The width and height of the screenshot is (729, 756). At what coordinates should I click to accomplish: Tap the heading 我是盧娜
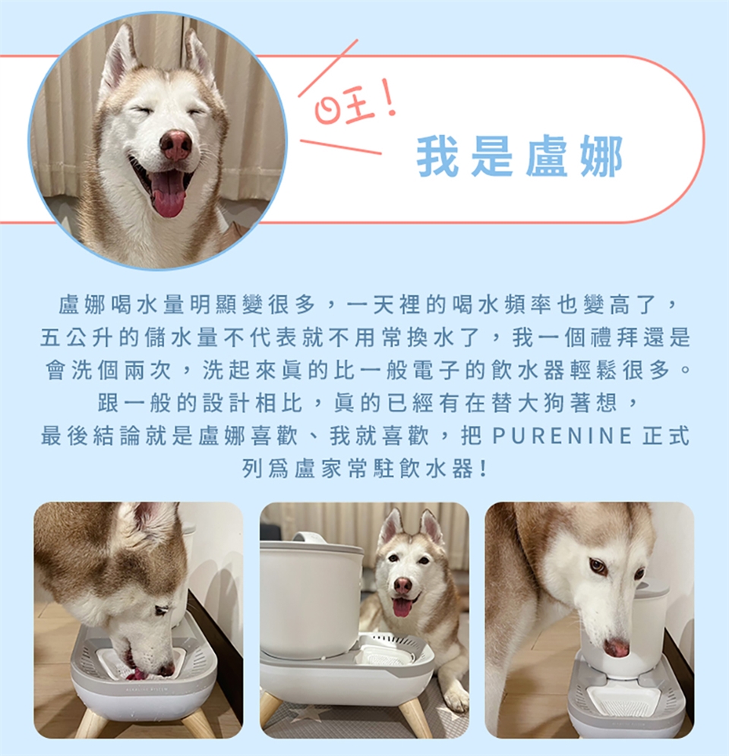click(519, 156)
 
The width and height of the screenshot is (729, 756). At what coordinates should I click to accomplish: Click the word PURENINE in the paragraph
click(562, 436)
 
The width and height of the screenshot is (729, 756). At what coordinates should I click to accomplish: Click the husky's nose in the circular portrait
click(175, 145)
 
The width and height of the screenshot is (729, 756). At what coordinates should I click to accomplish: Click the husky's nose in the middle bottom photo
click(402, 585)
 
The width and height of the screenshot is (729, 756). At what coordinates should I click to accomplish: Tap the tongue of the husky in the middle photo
click(402, 607)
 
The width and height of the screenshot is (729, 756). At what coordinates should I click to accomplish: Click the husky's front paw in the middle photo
click(456, 698)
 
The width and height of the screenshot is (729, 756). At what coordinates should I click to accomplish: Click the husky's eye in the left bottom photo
click(163, 610)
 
